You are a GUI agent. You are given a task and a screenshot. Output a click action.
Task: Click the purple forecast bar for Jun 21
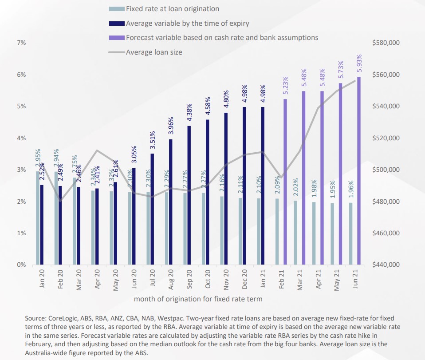click(x=359, y=171)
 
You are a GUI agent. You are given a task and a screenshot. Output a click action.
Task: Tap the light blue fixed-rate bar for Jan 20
click(x=38, y=218)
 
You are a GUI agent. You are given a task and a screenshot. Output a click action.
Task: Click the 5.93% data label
click(x=359, y=63)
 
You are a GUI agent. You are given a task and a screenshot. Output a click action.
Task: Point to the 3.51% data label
click(x=152, y=140)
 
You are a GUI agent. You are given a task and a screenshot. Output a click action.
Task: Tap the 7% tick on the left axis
click(x=22, y=43)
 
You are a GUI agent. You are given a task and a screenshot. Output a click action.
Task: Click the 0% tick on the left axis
click(x=22, y=265)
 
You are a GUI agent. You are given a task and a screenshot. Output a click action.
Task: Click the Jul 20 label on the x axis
click(x=153, y=280)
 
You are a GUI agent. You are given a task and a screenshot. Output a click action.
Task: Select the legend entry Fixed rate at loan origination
click(x=173, y=8)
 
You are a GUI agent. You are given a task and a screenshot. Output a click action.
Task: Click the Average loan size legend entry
click(x=154, y=52)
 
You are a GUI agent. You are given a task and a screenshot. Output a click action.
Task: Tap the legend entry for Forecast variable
click(x=222, y=37)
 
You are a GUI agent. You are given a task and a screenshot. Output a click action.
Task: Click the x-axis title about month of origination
click(x=198, y=299)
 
